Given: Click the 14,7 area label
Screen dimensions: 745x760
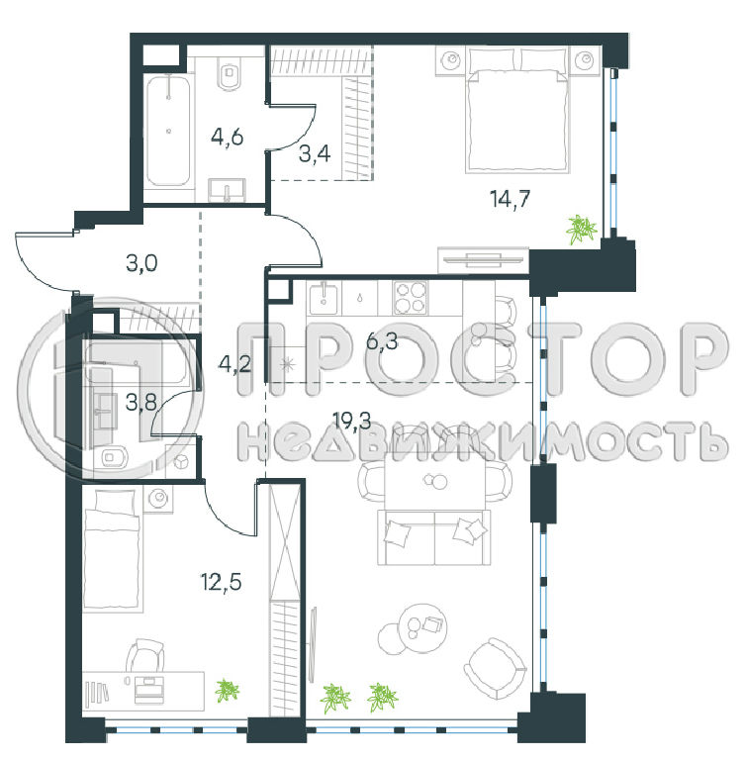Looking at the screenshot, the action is click(510, 199).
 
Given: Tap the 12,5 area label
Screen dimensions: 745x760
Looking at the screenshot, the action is click(221, 581).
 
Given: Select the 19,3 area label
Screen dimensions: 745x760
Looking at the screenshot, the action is click(352, 421).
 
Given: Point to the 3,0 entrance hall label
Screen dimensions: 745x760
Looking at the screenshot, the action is click(141, 263).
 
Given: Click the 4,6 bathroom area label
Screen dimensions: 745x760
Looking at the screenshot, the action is click(227, 138).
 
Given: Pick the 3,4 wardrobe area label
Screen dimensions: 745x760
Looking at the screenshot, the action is click(315, 154).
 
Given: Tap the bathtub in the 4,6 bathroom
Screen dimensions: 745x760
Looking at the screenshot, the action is click(168, 131).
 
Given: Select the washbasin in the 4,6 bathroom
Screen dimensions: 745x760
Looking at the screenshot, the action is click(227, 190).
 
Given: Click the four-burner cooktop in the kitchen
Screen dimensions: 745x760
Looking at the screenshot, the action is click(410, 298).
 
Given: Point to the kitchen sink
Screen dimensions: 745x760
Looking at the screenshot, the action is click(324, 299).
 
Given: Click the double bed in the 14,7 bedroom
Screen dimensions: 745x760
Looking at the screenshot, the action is click(516, 110).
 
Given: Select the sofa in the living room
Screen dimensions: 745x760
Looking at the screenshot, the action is click(434, 537).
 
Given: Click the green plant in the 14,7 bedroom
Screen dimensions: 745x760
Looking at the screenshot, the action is click(581, 229).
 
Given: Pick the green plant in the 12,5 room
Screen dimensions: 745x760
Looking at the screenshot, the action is click(227, 690).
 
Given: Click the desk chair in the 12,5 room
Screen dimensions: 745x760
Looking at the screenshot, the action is click(145, 655).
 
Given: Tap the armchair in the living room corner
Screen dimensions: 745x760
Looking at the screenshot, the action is click(495, 668).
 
